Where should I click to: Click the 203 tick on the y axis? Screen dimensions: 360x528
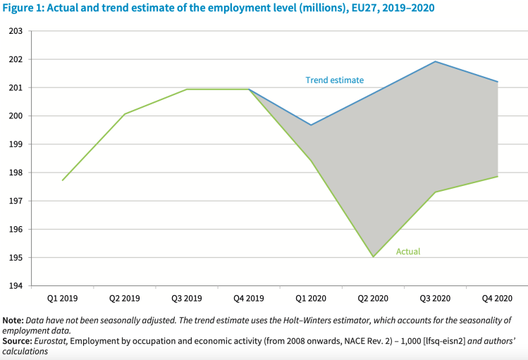pos(16,31)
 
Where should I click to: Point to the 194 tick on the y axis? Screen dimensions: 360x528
pos(16,286)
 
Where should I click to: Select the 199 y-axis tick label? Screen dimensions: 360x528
pos(16,144)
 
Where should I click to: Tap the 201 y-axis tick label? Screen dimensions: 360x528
pos(16,88)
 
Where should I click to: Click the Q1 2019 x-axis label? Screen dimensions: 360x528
pos(62,299)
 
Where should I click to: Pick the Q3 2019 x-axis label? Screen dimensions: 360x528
pos(186,299)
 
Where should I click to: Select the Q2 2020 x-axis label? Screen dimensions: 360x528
pos(373,299)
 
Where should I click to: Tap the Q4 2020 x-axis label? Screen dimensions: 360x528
pos(497,299)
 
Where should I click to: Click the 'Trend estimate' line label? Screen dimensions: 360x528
pos(334,80)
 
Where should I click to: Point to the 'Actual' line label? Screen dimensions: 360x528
pos(408,252)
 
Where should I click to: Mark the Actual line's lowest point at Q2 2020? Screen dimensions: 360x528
pos(373,256)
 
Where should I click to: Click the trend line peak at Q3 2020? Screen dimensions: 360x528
pos(436,61)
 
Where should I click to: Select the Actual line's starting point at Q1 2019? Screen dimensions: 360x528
pos(63,180)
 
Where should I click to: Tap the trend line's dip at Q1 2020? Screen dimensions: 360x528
pos(311,125)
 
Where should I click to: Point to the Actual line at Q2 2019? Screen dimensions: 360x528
pos(125,114)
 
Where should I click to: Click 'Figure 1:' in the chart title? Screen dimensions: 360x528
pos(23,8)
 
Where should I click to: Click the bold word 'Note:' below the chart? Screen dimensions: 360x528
pos(14,321)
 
